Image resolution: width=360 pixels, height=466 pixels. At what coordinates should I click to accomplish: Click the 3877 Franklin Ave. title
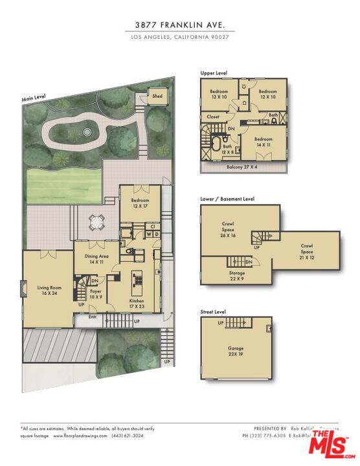(181, 25)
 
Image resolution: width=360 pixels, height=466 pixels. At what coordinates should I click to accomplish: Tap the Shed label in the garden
(157, 96)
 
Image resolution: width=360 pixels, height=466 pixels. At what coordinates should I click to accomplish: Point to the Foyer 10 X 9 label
(96, 294)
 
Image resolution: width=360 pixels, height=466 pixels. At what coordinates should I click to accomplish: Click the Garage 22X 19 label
(235, 351)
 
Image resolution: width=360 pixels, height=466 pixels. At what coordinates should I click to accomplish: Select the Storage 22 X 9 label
(237, 275)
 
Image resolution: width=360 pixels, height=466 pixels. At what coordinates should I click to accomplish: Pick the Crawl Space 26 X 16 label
(228, 232)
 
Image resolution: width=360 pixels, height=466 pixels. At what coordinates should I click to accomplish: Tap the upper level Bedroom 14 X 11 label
(263, 142)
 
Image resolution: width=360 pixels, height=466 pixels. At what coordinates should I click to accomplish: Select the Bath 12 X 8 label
(228, 149)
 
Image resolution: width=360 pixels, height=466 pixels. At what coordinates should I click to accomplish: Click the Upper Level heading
(213, 73)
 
